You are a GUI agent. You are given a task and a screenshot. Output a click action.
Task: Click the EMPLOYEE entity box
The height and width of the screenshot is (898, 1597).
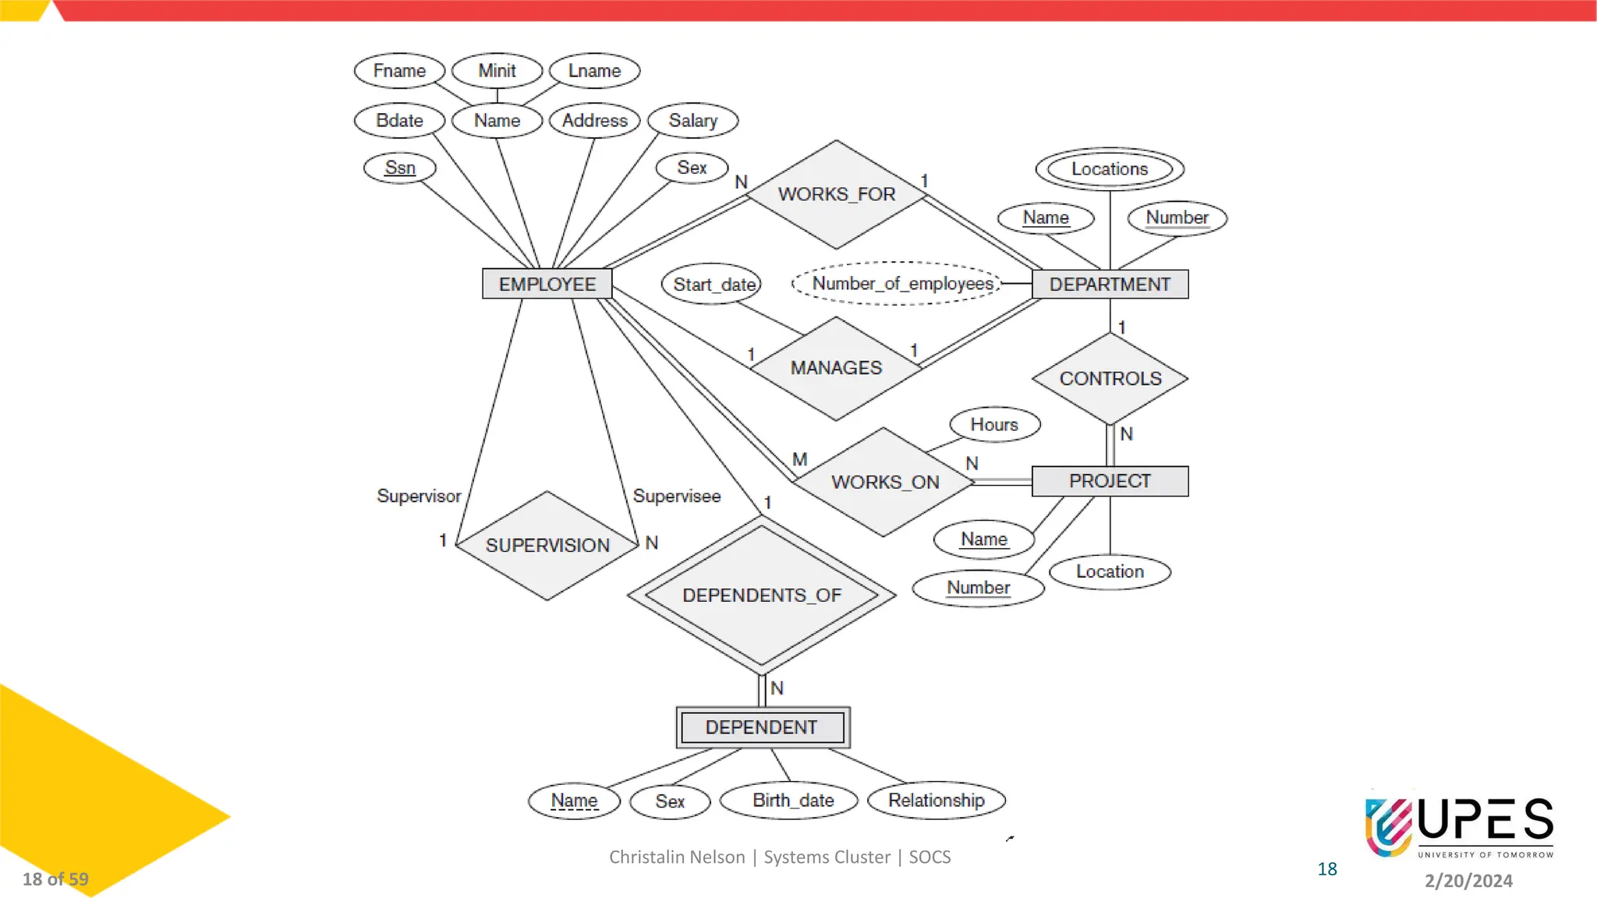pyautogui.click(x=547, y=284)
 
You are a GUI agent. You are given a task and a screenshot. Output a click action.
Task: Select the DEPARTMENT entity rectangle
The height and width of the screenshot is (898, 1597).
pyautogui.click(x=1110, y=284)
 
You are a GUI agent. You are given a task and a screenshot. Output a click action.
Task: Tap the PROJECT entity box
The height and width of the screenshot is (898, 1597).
pyautogui.click(x=1110, y=481)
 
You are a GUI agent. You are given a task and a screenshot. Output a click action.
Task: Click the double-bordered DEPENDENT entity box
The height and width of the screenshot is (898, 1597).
pyautogui.click(x=762, y=727)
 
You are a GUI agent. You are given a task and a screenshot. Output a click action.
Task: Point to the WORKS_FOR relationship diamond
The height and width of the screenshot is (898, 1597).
pyautogui.click(x=836, y=194)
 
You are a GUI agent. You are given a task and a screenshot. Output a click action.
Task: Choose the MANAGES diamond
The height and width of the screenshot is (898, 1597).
pyautogui.click(x=836, y=368)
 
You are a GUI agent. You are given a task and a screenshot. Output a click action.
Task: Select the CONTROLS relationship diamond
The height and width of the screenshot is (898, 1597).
pyautogui.click(x=1110, y=379)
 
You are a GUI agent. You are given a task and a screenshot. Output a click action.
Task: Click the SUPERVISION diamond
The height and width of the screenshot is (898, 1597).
pyautogui.click(x=547, y=546)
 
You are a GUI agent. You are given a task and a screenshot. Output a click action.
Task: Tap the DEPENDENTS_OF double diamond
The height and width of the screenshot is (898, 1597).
pyautogui.click(x=761, y=596)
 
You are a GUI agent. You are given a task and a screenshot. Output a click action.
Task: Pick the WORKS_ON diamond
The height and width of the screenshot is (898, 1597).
pyautogui.click(x=884, y=483)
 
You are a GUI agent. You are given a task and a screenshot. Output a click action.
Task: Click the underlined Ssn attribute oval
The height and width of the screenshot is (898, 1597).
pyautogui.click(x=400, y=168)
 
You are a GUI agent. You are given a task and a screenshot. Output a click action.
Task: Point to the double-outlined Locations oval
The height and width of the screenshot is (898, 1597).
pyautogui.click(x=1110, y=169)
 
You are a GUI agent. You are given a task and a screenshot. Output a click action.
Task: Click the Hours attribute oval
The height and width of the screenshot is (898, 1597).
pyautogui.click(x=994, y=425)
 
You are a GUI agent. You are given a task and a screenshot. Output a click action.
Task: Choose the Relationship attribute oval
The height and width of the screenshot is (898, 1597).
pyautogui.click(x=936, y=801)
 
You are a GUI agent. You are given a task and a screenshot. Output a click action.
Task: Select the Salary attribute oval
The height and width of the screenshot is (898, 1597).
pyautogui.click(x=692, y=121)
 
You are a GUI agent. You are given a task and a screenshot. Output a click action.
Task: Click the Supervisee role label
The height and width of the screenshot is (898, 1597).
pyautogui.click(x=676, y=496)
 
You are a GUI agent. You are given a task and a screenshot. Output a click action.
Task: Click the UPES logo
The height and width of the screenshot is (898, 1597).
pyautogui.click(x=1459, y=826)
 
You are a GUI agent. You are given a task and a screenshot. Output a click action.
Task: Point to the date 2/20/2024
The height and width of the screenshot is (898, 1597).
pyautogui.click(x=1468, y=881)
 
